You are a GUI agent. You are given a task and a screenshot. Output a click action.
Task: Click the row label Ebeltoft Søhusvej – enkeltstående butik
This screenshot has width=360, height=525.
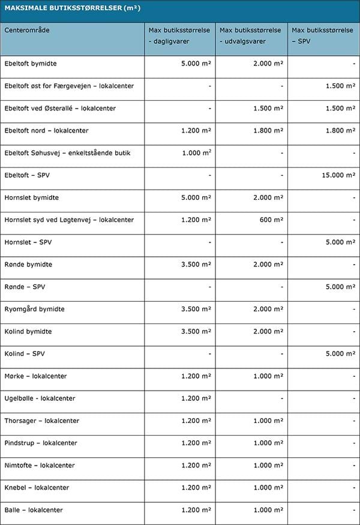pos(67,153)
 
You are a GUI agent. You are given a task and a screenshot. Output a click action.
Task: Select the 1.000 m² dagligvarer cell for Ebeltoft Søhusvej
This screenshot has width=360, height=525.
pos(196,153)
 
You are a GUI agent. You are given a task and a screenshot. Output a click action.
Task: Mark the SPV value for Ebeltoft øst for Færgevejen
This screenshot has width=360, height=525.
pos(340,86)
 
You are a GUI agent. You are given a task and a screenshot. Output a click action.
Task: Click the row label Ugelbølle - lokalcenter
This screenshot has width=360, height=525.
pos(40,398)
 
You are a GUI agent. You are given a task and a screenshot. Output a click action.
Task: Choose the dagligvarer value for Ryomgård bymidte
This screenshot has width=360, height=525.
pos(196,309)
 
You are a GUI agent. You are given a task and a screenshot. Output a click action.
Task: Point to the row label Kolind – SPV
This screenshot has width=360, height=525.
pos(25,354)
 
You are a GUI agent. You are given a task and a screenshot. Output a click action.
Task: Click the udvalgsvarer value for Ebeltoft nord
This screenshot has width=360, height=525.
pos(268,130)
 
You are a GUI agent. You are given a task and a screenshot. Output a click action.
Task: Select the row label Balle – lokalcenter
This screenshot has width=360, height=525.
pos(34,510)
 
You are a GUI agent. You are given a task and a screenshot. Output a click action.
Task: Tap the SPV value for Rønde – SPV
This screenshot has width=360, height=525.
pos(340,287)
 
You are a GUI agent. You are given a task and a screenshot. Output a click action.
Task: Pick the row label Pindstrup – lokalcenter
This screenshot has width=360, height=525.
pos(41,443)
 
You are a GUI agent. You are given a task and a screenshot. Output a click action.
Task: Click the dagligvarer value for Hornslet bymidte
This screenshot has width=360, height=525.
pos(196,197)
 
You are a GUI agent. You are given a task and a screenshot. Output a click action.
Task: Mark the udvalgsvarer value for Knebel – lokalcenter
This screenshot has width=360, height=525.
pos(268,488)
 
